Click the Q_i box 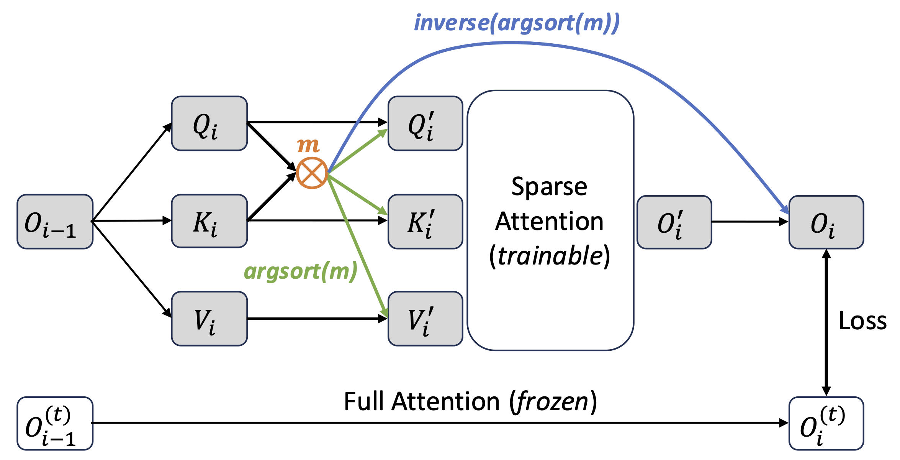click(209, 123)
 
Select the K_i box click(209, 221)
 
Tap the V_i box click(209, 319)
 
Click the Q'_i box click(425, 123)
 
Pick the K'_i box click(425, 222)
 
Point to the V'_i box click(425, 319)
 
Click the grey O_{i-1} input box click(55, 222)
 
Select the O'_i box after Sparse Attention click(674, 222)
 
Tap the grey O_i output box click(826, 222)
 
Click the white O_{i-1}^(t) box click(55, 423)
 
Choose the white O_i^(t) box click(826, 423)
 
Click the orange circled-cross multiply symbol click(312, 173)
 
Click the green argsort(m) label click(301, 271)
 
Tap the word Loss click(862, 320)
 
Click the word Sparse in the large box click(549, 187)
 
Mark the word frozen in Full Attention click(553, 401)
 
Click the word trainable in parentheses click(550, 256)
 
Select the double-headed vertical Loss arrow click(826, 322)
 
